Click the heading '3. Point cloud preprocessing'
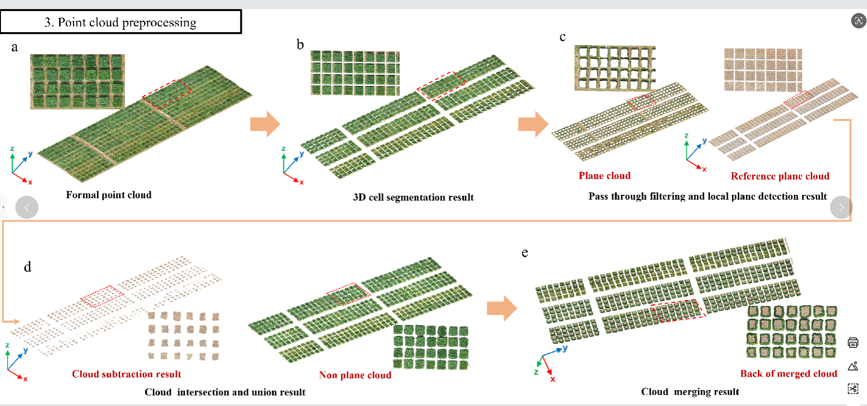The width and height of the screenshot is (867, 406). point(120,23)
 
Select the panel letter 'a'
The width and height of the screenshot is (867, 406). point(15,47)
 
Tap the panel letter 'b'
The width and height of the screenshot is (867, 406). point(300,45)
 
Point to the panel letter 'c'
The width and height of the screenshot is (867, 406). point(562,37)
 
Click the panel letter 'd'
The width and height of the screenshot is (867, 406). point(28,267)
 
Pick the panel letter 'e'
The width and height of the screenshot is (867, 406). point(525,252)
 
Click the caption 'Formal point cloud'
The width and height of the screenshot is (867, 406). point(109,195)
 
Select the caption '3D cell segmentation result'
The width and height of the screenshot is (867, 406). point(413,197)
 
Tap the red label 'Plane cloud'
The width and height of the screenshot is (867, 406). point(605,176)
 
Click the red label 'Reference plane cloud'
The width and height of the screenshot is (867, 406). point(780,176)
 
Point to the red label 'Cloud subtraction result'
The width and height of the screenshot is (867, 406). point(126,374)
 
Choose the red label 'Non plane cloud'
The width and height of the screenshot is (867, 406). point(355,375)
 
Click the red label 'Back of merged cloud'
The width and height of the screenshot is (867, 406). point(789,374)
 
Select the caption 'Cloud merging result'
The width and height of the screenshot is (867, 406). point(690,392)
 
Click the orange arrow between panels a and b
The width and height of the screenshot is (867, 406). point(265,124)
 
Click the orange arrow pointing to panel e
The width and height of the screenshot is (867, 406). point(502,308)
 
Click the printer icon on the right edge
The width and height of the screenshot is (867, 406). point(853,343)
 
